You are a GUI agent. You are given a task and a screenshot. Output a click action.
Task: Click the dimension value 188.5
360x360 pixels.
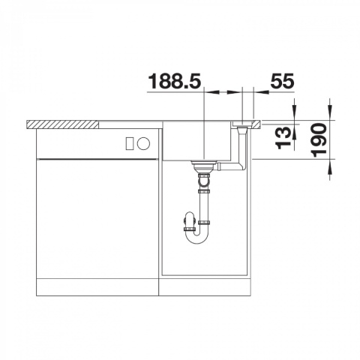pos(175,81)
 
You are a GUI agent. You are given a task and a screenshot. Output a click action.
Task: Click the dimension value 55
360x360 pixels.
pos(282,81)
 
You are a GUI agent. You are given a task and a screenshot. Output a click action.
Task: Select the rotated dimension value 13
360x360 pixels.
pos(283,138)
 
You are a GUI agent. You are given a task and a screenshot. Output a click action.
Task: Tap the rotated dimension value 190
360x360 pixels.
pos(319,140)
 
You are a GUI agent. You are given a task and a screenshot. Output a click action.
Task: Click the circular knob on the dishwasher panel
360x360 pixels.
pos(143,144)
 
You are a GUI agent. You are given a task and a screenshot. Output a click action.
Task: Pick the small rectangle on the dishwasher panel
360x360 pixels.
pos(130,144)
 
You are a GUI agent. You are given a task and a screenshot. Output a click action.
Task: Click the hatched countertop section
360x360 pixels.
pos(62,124)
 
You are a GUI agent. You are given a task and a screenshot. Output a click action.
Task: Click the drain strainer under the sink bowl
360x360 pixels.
pos(204,166)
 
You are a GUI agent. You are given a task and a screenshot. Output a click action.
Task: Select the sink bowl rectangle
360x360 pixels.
pos(196,141)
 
